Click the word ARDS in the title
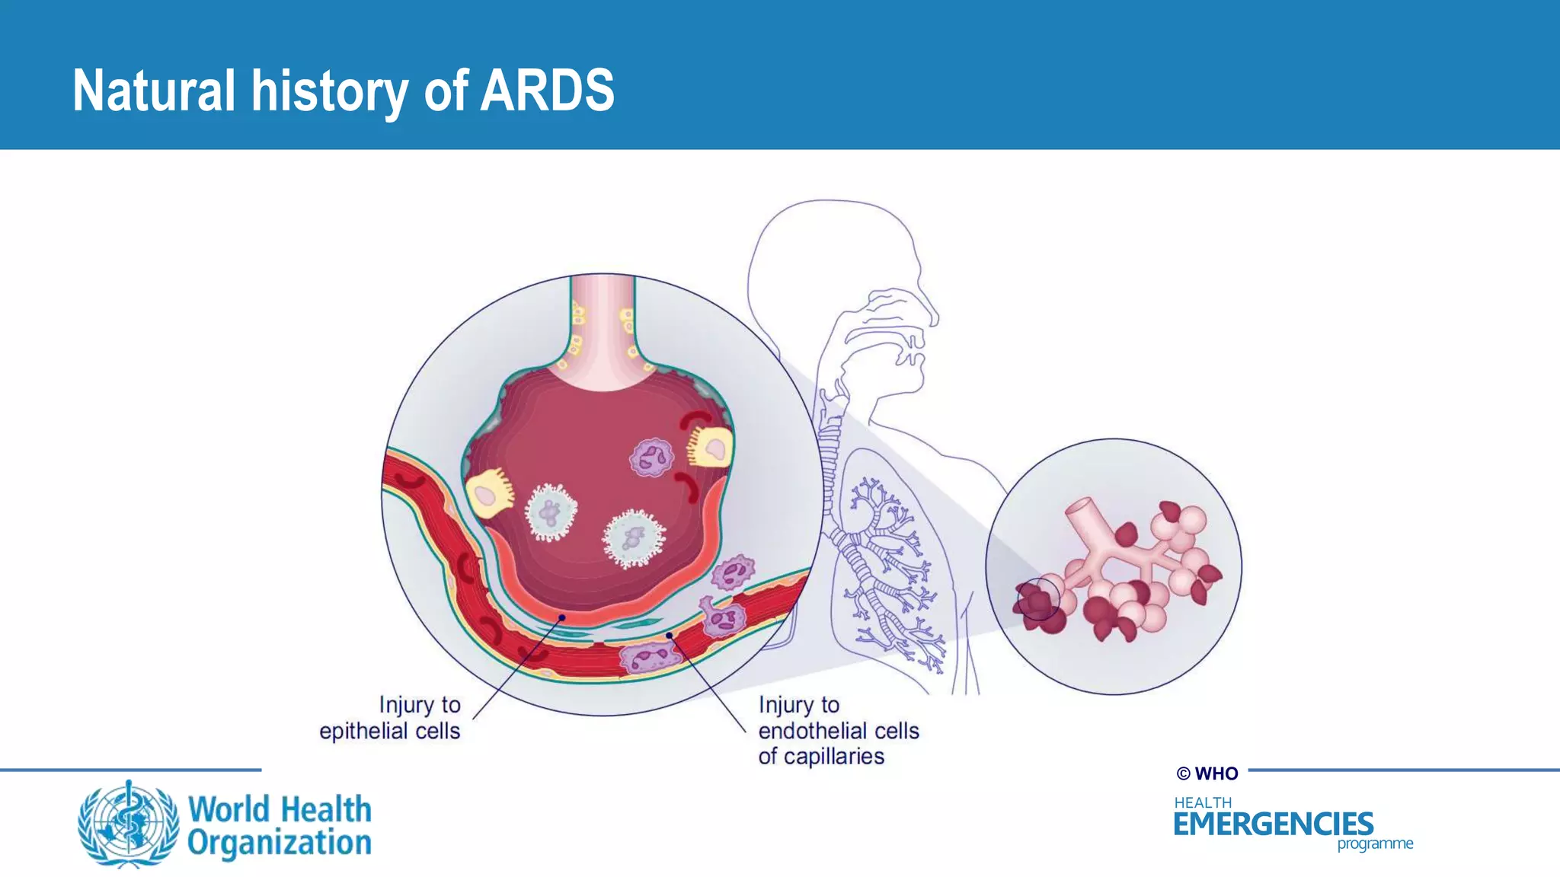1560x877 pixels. pyautogui.click(x=547, y=91)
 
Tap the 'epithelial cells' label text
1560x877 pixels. pyautogui.click(x=389, y=731)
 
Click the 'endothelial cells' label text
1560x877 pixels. pyautogui.click(x=838, y=731)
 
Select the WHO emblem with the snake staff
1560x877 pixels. pyautogui.click(x=129, y=824)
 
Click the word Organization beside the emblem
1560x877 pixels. pyautogui.click(x=280, y=844)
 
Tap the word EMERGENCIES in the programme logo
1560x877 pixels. pyautogui.click(x=1273, y=824)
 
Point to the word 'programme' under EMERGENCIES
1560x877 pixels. pyautogui.click(x=1375, y=844)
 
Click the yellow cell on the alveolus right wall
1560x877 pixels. pyautogui.click(x=711, y=448)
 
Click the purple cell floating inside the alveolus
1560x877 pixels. pyautogui.click(x=651, y=458)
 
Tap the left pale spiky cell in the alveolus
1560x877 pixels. pyautogui.click(x=551, y=512)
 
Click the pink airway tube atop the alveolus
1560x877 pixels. pyautogui.click(x=603, y=327)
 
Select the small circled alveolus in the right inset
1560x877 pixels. pyautogui.click(x=1037, y=599)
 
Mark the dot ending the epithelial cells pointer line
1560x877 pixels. pyautogui.click(x=562, y=617)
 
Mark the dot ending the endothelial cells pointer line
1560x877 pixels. pyautogui.click(x=669, y=635)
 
